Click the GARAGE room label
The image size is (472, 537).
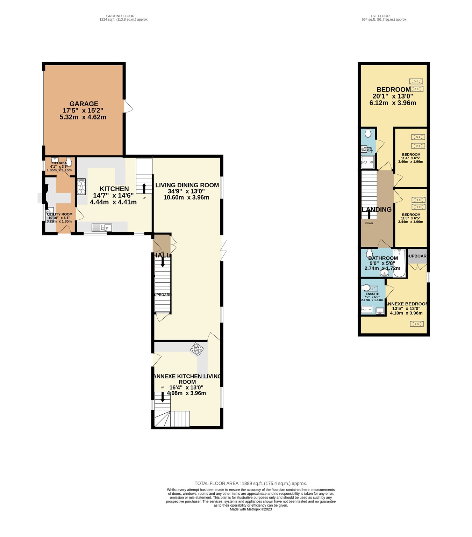point(84,104)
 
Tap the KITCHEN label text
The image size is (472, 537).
point(114,189)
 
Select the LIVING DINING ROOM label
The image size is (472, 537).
point(187,185)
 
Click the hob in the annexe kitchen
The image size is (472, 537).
point(197,349)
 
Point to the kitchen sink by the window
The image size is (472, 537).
point(101,228)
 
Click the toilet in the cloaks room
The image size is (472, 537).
point(69,162)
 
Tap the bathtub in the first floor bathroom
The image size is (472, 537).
point(399,263)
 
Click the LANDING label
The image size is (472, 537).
point(377,210)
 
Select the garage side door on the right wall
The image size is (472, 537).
point(128,106)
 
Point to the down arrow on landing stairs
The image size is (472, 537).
point(369,214)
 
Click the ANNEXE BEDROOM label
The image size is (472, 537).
point(406,304)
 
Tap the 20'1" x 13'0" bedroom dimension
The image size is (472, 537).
point(393,96)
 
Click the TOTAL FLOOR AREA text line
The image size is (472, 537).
point(251,484)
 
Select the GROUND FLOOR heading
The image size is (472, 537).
point(120,16)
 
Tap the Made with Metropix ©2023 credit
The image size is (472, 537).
point(251,509)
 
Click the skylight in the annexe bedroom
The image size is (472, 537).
point(416,324)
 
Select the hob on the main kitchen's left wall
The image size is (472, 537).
point(81,187)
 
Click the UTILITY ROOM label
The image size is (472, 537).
point(60,215)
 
